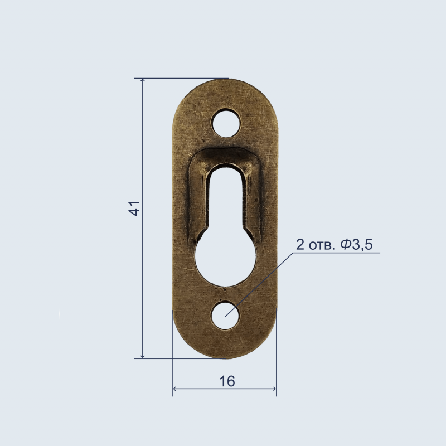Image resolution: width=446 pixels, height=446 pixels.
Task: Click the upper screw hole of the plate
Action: (x=226, y=123)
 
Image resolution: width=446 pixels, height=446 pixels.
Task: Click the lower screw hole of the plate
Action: (x=225, y=316)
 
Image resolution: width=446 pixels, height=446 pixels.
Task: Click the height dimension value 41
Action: (x=134, y=209)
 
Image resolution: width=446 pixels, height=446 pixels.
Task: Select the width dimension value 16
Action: (x=227, y=381)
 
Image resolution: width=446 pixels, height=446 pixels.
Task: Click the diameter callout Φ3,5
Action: (x=357, y=244)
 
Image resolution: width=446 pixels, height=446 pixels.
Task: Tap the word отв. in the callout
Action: (x=322, y=245)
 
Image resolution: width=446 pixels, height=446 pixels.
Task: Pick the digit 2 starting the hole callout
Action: (x=300, y=244)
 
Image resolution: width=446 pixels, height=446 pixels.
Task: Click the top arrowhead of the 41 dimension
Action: (x=143, y=80)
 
